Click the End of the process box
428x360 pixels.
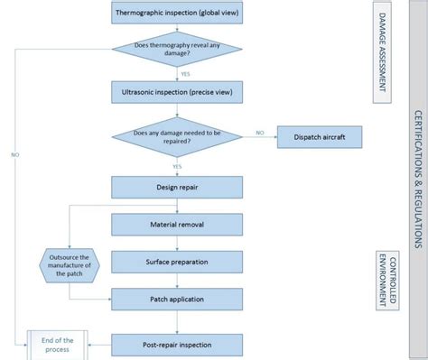click(56, 344)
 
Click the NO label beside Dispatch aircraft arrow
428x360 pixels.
click(260, 133)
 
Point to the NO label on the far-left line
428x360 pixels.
click(15, 154)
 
